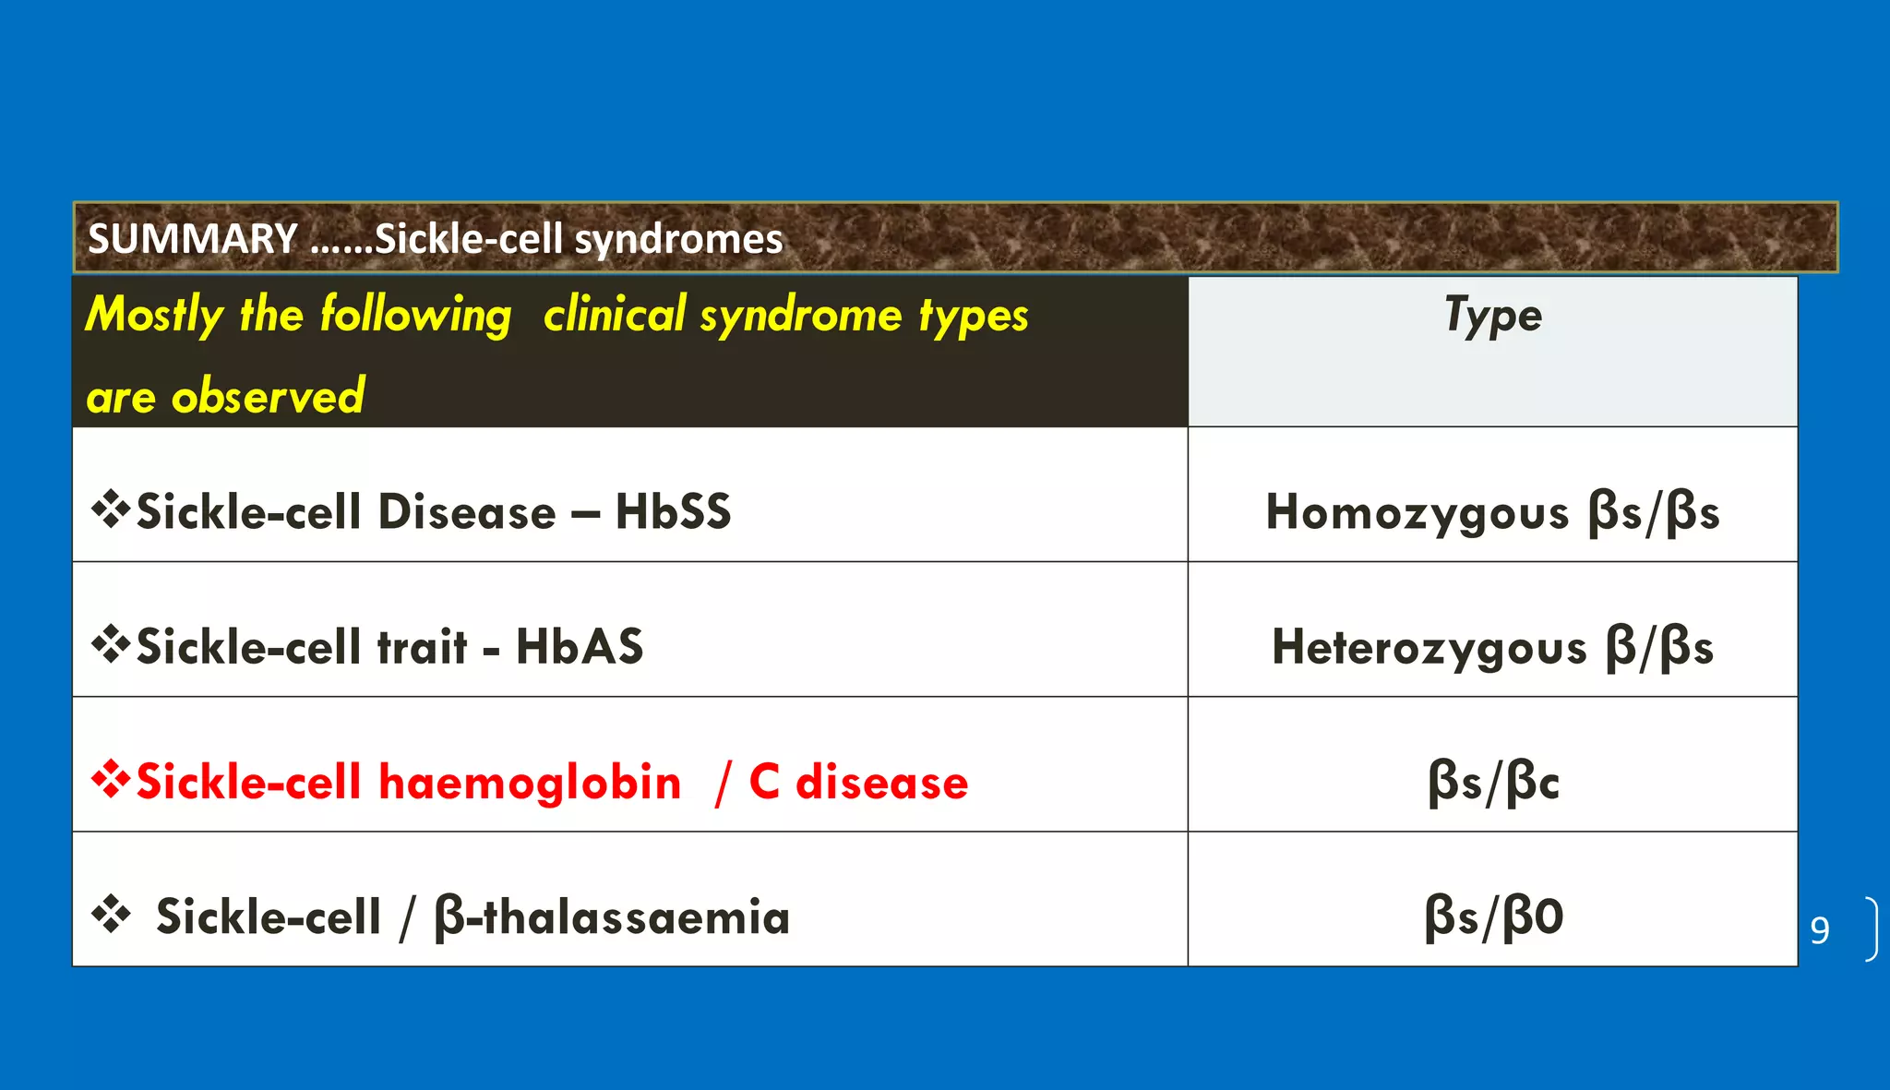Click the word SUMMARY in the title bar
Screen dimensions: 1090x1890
click(x=192, y=239)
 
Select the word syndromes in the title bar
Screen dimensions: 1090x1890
click(x=678, y=240)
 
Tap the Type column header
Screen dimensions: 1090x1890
click(x=1492, y=316)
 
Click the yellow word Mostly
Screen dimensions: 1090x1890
click(x=154, y=316)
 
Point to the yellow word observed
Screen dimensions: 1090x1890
click(x=268, y=397)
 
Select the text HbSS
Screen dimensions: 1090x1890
click(x=673, y=512)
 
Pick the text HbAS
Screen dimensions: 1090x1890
click(x=580, y=647)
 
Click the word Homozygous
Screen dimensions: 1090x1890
click(x=1417, y=513)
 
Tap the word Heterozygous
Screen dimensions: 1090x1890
click(x=1429, y=648)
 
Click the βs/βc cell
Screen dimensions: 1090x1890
click(x=1492, y=783)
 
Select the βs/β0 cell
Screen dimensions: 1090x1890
click(x=1492, y=917)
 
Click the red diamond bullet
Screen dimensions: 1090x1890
click(x=111, y=781)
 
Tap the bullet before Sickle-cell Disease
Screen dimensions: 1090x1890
click(x=111, y=510)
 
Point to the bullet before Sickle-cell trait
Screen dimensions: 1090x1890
click(x=111, y=645)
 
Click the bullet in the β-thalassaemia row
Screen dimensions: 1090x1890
click(x=111, y=916)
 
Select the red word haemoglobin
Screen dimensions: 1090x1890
click(x=530, y=783)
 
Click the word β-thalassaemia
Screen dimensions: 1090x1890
click(x=612, y=917)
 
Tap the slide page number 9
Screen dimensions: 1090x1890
click(x=1820, y=930)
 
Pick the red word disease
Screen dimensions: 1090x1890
click(x=881, y=783)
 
